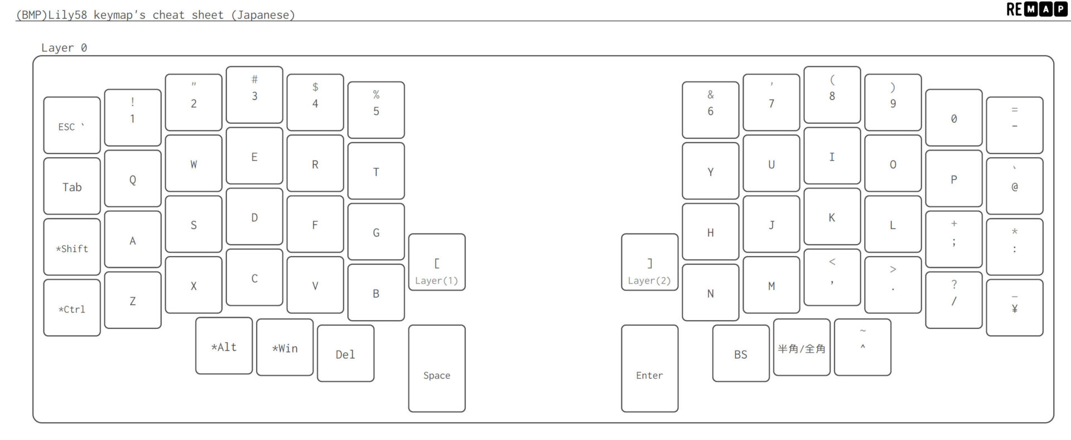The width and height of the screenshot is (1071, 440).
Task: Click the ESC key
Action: pos(71,125)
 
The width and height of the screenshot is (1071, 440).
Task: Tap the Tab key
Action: pos(71,186)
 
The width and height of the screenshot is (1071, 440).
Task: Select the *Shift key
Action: pos(71,247)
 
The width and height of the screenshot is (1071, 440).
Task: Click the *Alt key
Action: pos(224,346)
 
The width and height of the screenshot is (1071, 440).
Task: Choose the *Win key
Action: pos(284,347)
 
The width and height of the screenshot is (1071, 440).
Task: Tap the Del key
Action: pos(345,354)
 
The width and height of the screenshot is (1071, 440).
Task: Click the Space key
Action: pos(436,369)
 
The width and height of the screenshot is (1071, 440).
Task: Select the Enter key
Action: pos(649,369)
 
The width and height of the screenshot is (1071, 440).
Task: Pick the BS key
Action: pos(740,354)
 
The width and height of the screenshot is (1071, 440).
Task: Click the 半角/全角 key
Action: pos(801,347)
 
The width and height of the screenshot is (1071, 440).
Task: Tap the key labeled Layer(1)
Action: pos(436,262)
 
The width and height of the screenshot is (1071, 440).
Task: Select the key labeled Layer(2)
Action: pos(649,262)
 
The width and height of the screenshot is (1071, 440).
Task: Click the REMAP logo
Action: pos(1036,9)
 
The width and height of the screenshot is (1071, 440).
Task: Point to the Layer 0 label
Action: pos(64,48)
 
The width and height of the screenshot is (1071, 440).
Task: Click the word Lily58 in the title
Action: pos(67,15)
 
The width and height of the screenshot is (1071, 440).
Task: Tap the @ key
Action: pos(1014,186)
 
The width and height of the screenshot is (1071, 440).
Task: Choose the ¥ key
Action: pos(1014,308)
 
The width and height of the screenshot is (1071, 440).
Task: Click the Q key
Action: pos(132,178)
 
